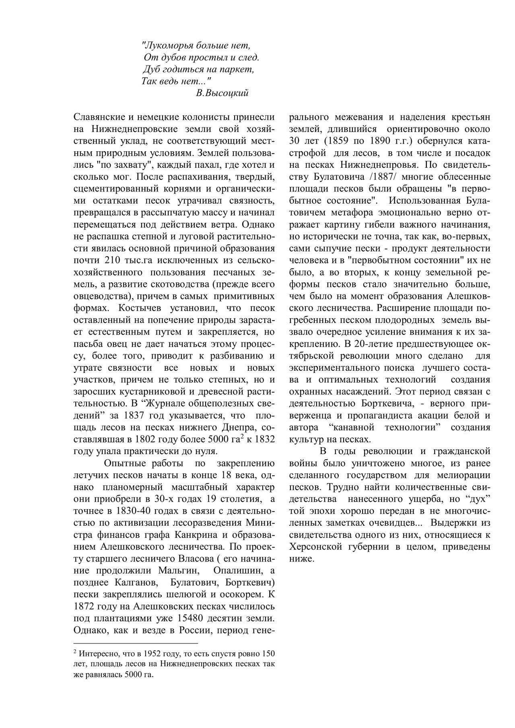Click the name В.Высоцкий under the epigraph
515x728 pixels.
pos(222,93)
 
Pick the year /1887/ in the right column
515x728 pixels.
pos(360,177)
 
